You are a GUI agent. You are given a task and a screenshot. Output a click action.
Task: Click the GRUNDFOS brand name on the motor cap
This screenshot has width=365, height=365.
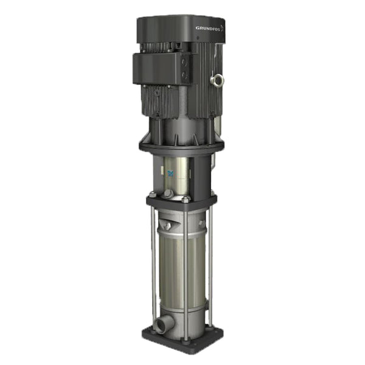(208, 28)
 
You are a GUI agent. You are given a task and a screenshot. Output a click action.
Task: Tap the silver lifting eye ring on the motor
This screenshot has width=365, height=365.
(217, 80)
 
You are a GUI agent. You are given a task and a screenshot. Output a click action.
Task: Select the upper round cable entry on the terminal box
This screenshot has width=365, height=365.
(185, 63)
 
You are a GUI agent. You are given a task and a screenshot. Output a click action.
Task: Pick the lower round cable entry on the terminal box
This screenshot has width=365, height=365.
(184, 75)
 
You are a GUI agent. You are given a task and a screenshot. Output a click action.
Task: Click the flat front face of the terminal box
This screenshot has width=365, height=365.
(156, 68)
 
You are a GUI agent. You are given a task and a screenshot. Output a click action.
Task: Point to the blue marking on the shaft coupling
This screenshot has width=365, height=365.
(171, 173)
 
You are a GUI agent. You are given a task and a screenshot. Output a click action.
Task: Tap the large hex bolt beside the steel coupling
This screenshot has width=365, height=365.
(169, 193)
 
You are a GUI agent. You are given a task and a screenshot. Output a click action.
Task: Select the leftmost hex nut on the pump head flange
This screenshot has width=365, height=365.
(152, 195)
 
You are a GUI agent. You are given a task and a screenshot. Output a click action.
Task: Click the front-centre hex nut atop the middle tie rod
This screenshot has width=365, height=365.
(186, 199)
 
